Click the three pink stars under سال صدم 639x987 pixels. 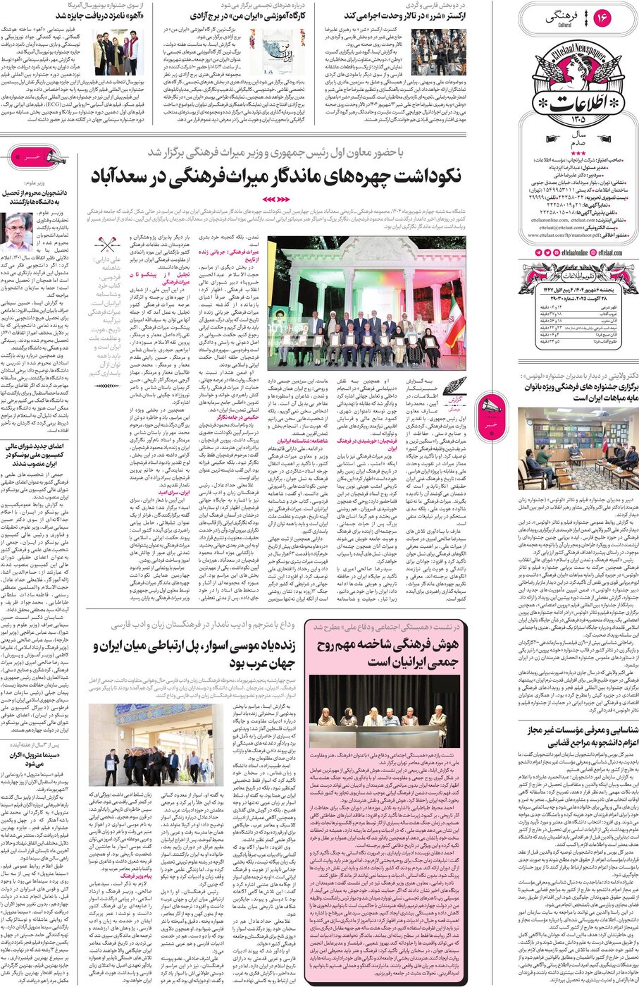point(578,152)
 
